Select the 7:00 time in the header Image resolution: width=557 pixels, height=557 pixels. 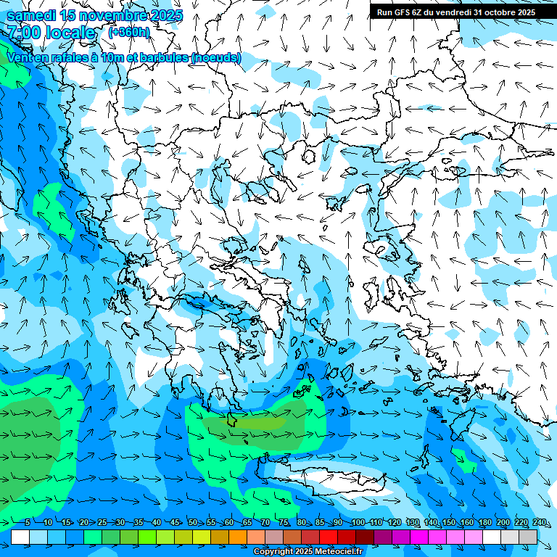click(23, 33)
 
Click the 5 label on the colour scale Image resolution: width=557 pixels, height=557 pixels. click(27, 522)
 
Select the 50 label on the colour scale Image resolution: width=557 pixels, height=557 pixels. click(192, 522)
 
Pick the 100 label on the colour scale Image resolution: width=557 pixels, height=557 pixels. click(358, 522)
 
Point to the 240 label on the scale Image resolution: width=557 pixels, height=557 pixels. click(540, 522)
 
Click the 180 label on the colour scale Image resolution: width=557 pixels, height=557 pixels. click(484, 522)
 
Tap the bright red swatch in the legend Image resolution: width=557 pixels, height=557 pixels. click(329, 537)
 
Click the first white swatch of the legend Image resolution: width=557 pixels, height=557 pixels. click(20, 537)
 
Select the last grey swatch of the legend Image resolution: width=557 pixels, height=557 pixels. click(528, 537)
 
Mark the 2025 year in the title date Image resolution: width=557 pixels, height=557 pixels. click(164, 15)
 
